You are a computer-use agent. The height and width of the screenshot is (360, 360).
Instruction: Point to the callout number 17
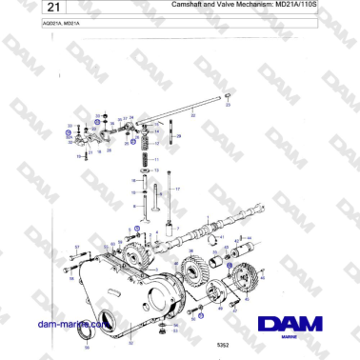[179, 190]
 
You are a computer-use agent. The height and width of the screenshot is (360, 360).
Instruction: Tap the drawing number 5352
[222, 343]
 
